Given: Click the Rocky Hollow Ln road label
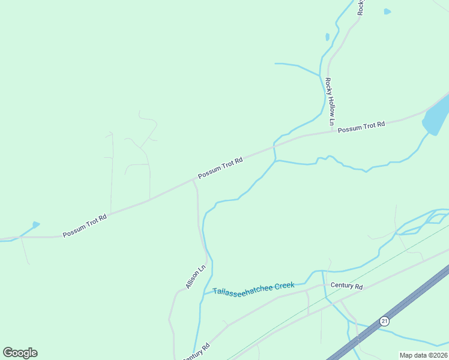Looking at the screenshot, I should click(x=330, y=102).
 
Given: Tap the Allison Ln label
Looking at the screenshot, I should click(x=195, y=277).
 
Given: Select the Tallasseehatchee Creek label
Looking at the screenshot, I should click(x=253, y=288).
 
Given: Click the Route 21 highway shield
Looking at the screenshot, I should click(x=384, y=321).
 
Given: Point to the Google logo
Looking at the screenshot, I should click(x=20, y=353).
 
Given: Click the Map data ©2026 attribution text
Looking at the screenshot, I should click(x=423, y=355).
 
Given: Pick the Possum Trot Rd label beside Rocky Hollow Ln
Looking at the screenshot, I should click(x=361, y=127).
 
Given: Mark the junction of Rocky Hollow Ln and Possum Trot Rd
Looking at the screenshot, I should click(x=332, y=131).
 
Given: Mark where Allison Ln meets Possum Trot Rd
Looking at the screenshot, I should click(x=193, y=179).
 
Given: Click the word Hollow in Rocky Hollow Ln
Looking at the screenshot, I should click(x=330, y=103).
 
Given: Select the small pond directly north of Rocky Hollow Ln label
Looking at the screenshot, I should click(x=327, y=37).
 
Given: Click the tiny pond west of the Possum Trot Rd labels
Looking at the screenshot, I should click(x=36, y=224).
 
